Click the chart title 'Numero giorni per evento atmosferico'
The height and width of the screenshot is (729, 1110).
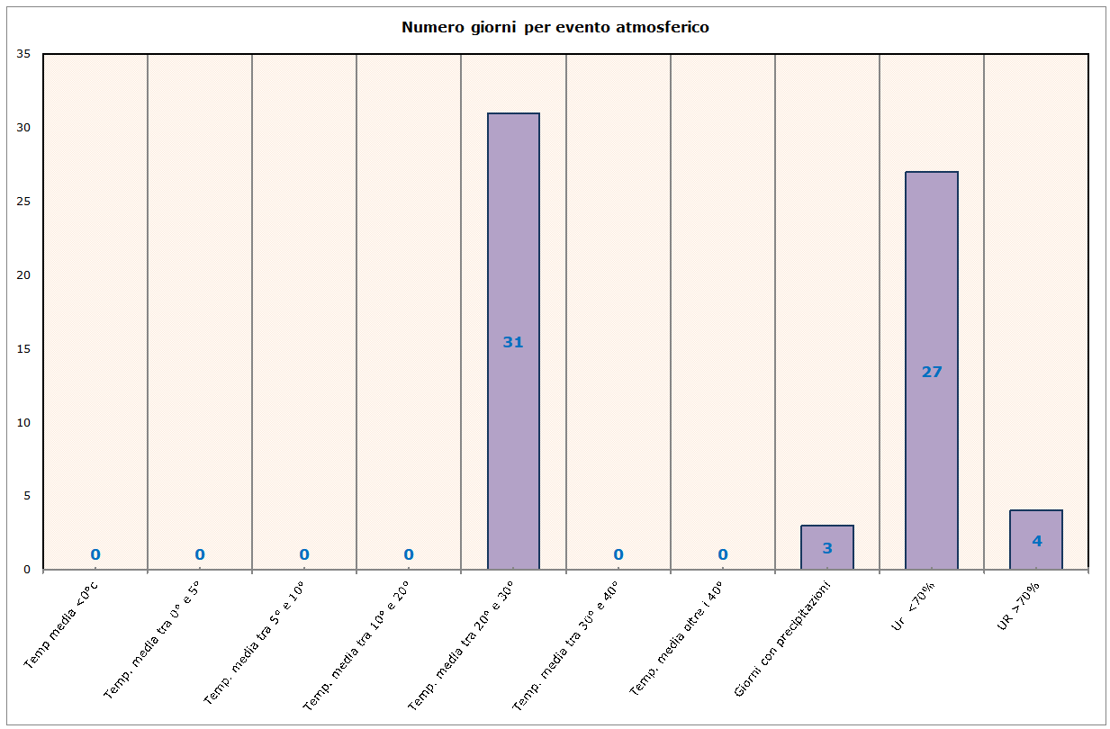coord(555,27)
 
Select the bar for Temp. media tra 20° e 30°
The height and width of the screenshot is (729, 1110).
coord(513,225)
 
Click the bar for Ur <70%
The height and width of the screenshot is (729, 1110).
coord(932,270)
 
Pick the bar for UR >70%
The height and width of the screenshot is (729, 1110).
coord(1036,526)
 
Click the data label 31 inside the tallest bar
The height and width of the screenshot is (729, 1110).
coord(513,342)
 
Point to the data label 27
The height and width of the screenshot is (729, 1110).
coord(932,372)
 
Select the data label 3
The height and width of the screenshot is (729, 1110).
coord(827,548)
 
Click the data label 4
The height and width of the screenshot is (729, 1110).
coord(1036,541)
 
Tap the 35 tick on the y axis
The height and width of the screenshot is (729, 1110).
coord(24,54)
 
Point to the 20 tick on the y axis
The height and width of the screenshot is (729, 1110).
coord(24,275)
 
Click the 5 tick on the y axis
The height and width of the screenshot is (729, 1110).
coord(27,496)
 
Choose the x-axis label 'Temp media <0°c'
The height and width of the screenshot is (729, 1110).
coord(61,625)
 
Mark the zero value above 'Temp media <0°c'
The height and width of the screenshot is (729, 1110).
coord(95,554)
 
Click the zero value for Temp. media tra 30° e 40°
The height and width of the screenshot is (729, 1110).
coord(618,554)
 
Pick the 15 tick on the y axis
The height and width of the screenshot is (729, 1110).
coord(24,349)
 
